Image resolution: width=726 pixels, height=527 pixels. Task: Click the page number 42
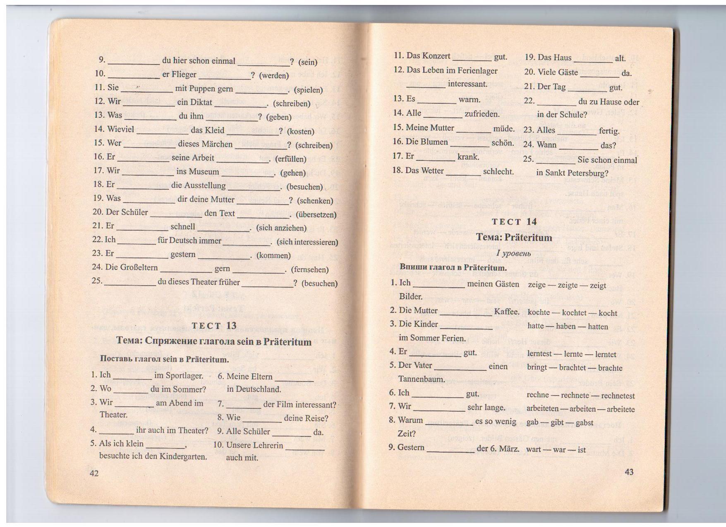click(x=94, y=473)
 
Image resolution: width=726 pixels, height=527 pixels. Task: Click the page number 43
click(x=629, y=472)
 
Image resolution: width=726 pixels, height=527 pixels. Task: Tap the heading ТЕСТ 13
click(x=214, y=326)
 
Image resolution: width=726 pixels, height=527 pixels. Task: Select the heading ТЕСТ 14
click(x=514, y=222)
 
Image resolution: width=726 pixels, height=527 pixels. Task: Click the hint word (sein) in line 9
click(x=307, y=62)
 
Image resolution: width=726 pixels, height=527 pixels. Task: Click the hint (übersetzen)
click(x=316, y=215)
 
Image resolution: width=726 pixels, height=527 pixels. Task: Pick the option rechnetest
click(x=618, y=396)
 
